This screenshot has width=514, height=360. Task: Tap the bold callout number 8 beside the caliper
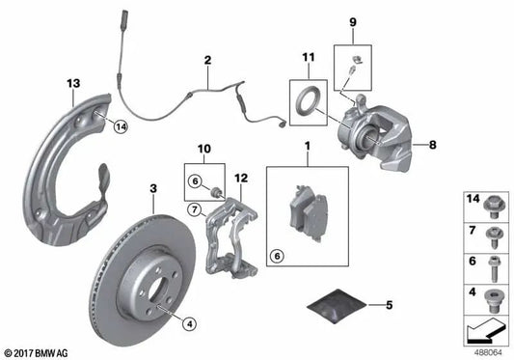(x=433, y=144)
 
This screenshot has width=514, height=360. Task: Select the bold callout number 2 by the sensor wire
(x=206, y=61)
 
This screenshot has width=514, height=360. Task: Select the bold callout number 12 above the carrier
(x=240, y=177)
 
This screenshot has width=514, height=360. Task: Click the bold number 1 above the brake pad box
(x=307, y=148)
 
